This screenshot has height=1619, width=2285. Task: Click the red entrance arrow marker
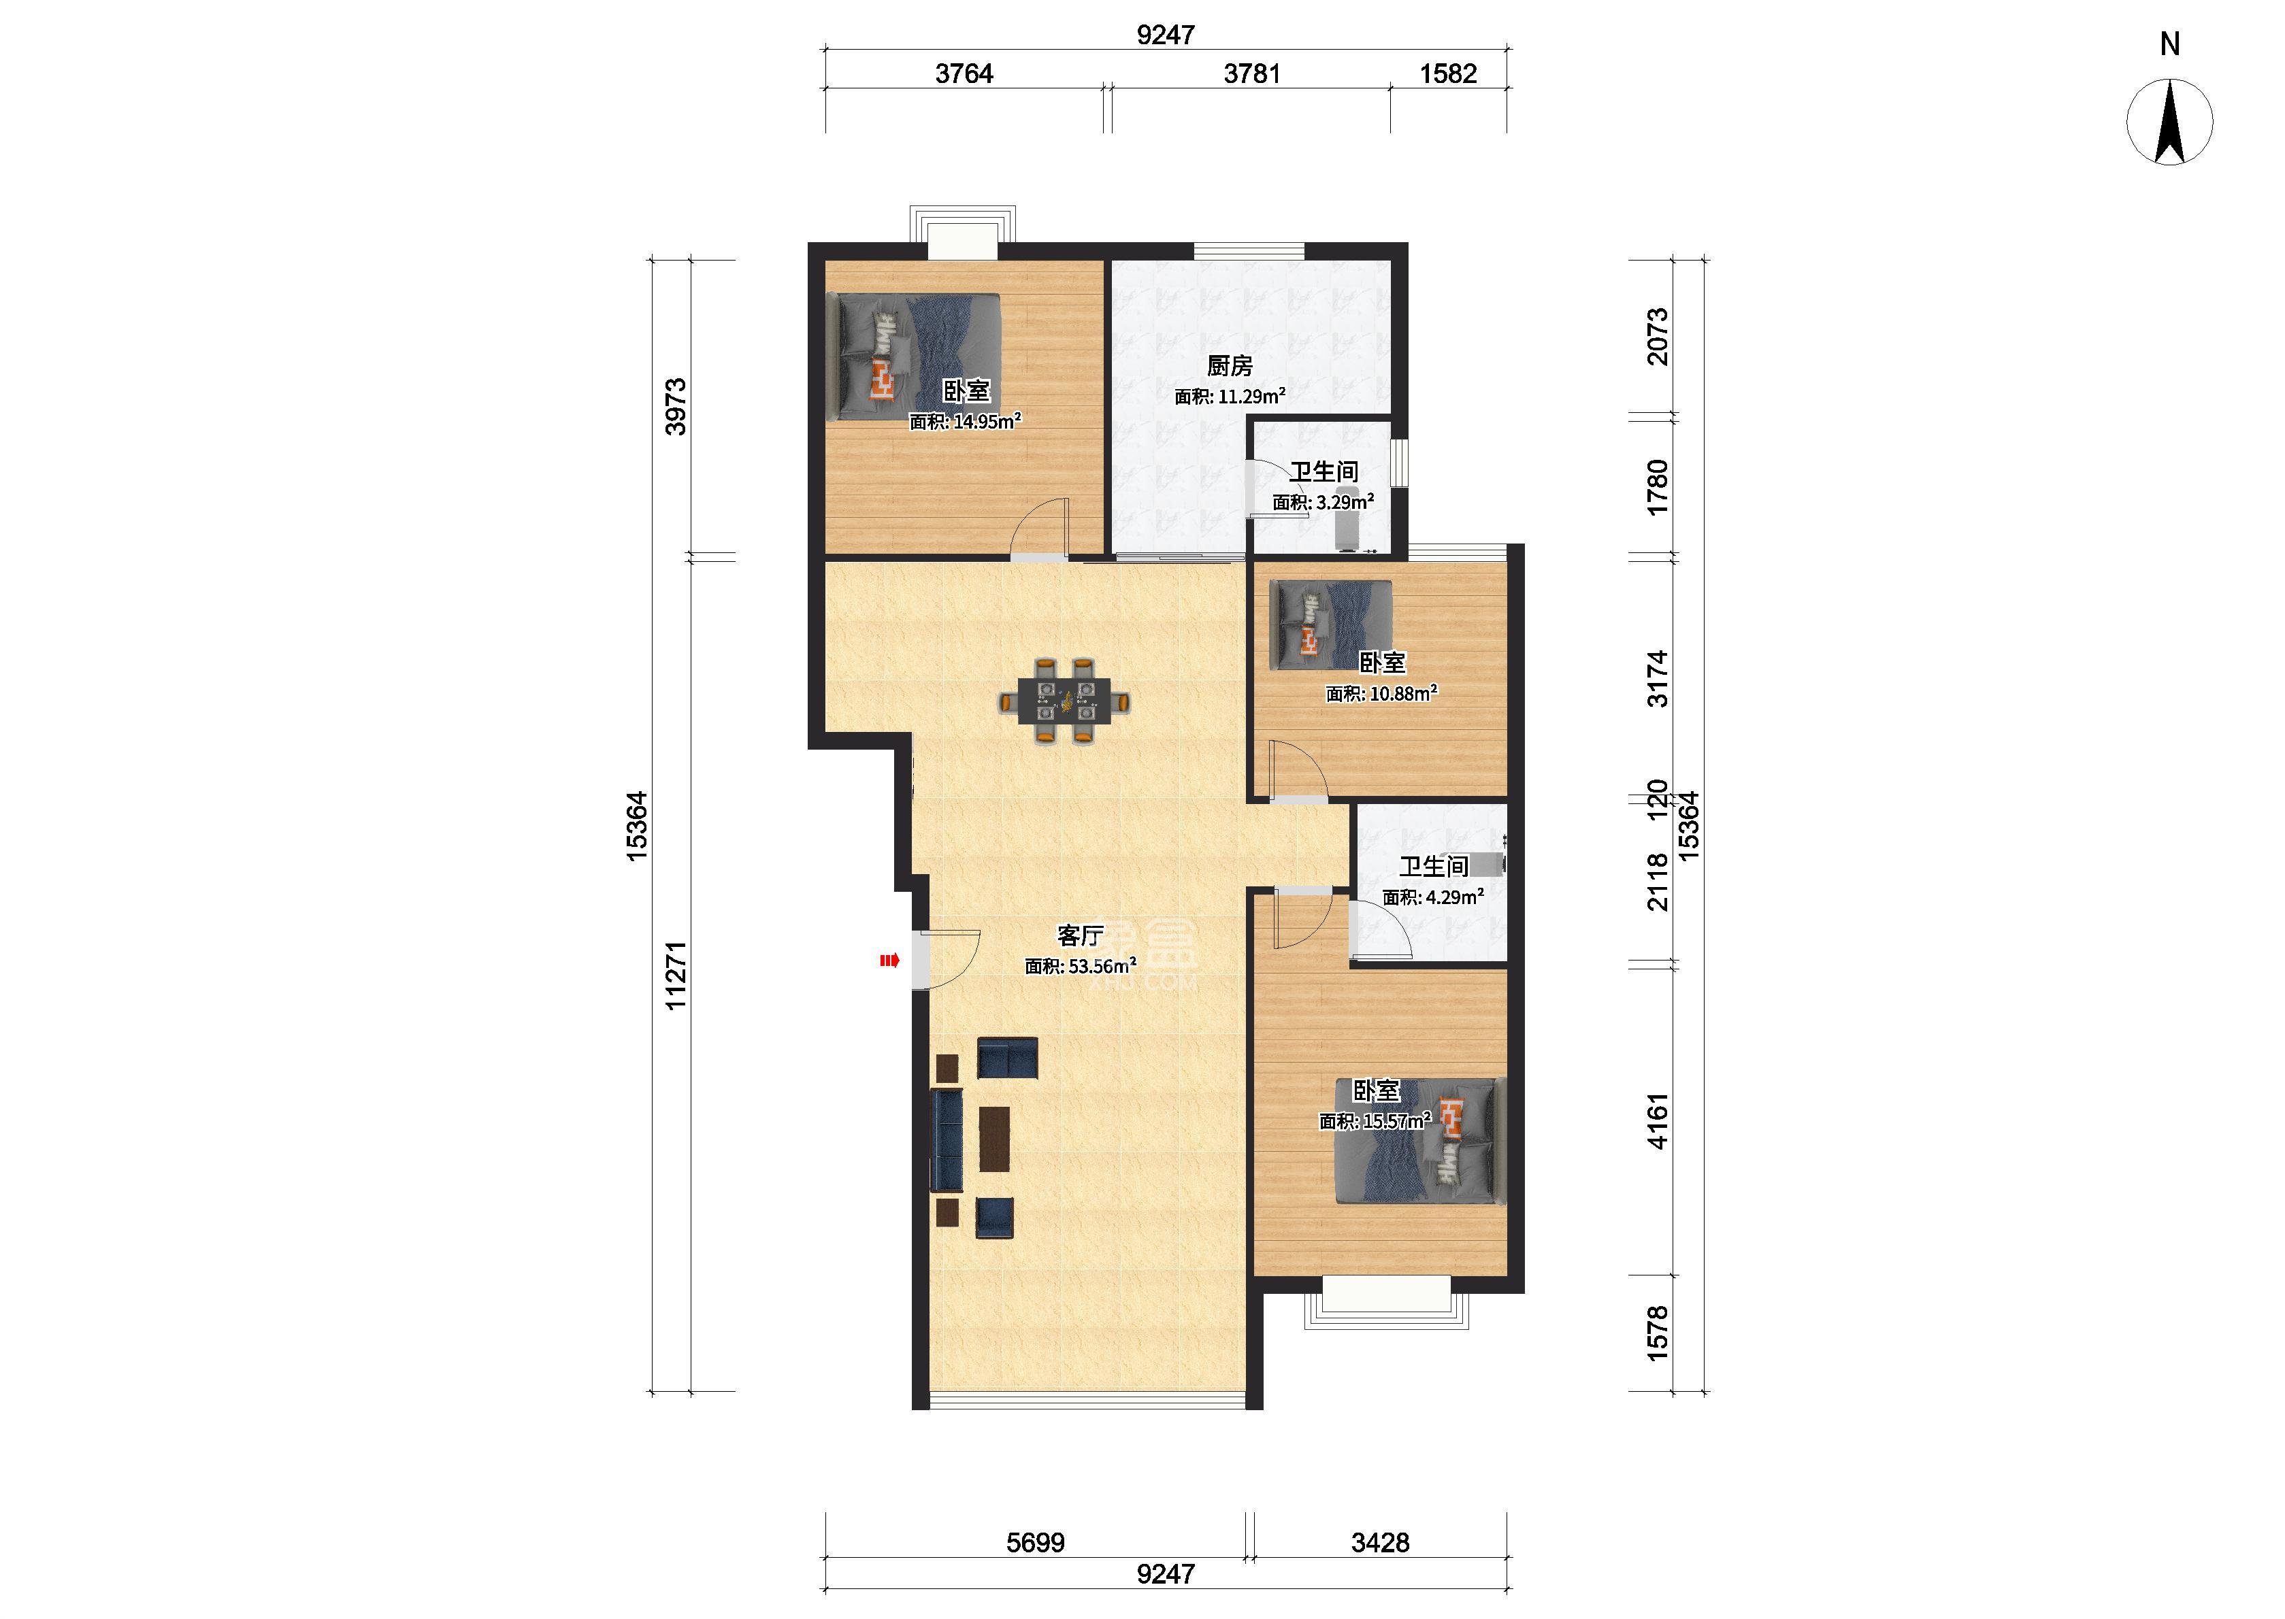(888, 961)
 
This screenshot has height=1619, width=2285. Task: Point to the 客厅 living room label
(1081, 935)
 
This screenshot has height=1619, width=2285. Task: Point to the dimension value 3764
(964, 73)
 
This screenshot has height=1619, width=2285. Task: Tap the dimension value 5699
(1035, 1543)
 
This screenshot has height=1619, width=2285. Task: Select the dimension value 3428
(1380, 1543)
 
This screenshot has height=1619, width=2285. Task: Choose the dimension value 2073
(1657, 337)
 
